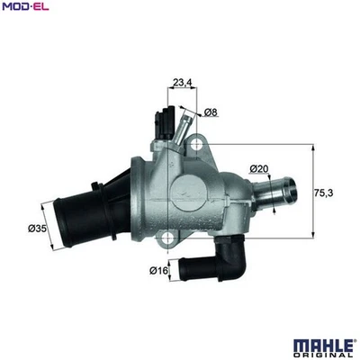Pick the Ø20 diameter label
(x=260, y=169)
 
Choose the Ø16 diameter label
(x=158, y=268)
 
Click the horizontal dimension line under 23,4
(x=182, y=92)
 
